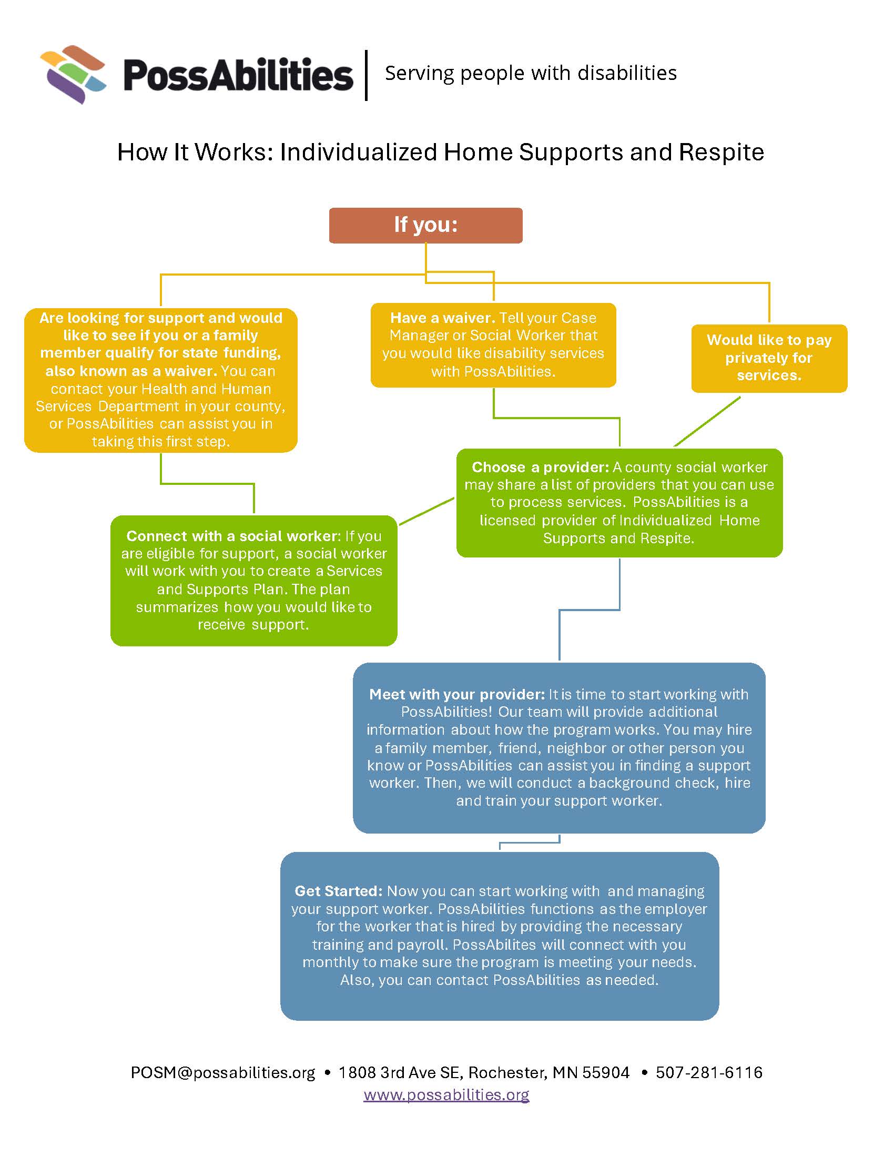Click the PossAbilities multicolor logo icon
(73, 74)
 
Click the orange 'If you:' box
(425, 225)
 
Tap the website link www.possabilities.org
(446, 1094)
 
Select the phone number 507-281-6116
(709, 1072)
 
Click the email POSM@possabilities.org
(222, 1072)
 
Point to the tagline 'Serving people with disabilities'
(530, 73)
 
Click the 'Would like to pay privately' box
(768, 358)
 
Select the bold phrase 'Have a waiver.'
(442, 318)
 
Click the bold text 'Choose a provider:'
(540, 467)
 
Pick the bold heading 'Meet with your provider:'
(456, 695)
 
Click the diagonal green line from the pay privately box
(707, 422)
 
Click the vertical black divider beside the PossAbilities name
(367, 75)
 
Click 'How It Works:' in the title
(195, 153)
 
